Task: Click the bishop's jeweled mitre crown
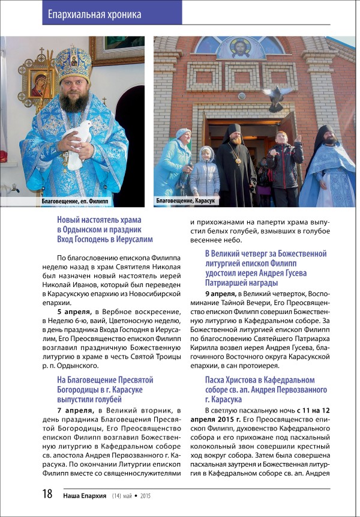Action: point(73,63)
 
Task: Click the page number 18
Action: point(47,495)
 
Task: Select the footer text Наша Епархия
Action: point(84,496)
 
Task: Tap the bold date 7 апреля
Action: point(74,410)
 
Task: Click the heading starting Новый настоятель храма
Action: point(105,230)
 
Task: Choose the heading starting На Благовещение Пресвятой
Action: point(105,389)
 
